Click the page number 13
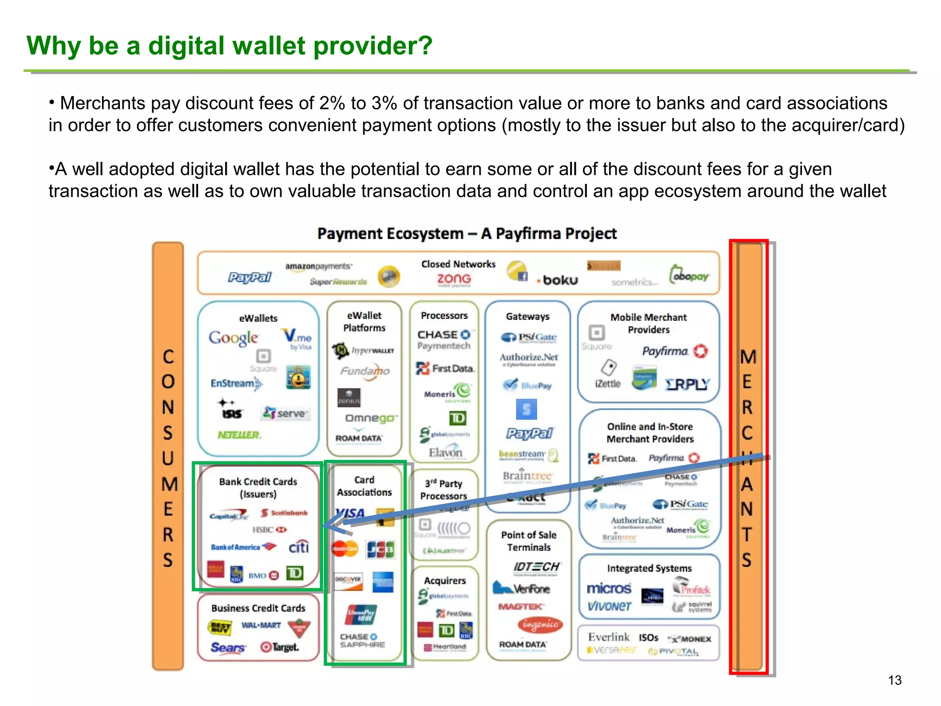(894, 680)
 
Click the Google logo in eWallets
(233, 338)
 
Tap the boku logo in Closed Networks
(558, 280)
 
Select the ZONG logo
(453, 279)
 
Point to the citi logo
(298, 547)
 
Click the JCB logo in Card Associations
(380, 549)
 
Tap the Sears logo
(227, 648)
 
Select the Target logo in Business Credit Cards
(280, 647)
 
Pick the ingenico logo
(540, 624)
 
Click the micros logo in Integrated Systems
(609, 588)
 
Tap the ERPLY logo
(687, 384)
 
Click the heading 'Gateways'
(527, 316)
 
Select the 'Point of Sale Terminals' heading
(528, 541)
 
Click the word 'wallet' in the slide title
(269, 46)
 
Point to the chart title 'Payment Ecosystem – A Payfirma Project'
(466, 233)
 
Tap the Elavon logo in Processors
(445, 452)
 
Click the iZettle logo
(607, 383)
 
